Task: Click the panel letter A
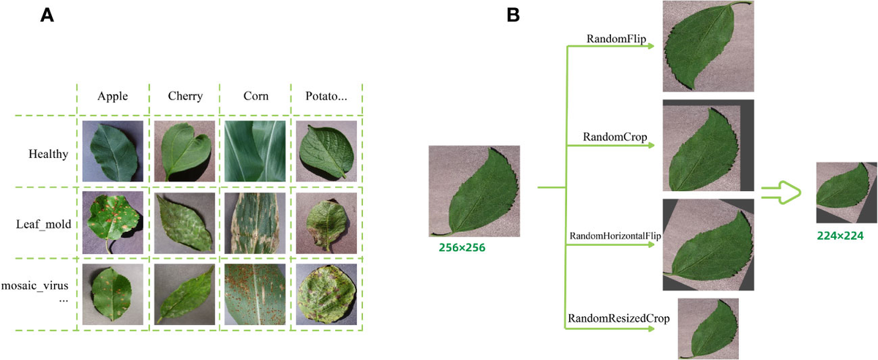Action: (48, 15)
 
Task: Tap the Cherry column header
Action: (184, 96)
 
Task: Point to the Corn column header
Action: (255, 96)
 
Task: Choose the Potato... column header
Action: (326, 96)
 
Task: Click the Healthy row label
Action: (48, 154)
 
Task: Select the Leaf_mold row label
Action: (44, 223)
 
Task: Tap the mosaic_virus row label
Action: (40, 285)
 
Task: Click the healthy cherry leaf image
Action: (184, 151)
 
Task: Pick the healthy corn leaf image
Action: (255, 151)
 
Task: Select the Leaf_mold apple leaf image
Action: (113, 222)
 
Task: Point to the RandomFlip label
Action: (616, 39)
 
